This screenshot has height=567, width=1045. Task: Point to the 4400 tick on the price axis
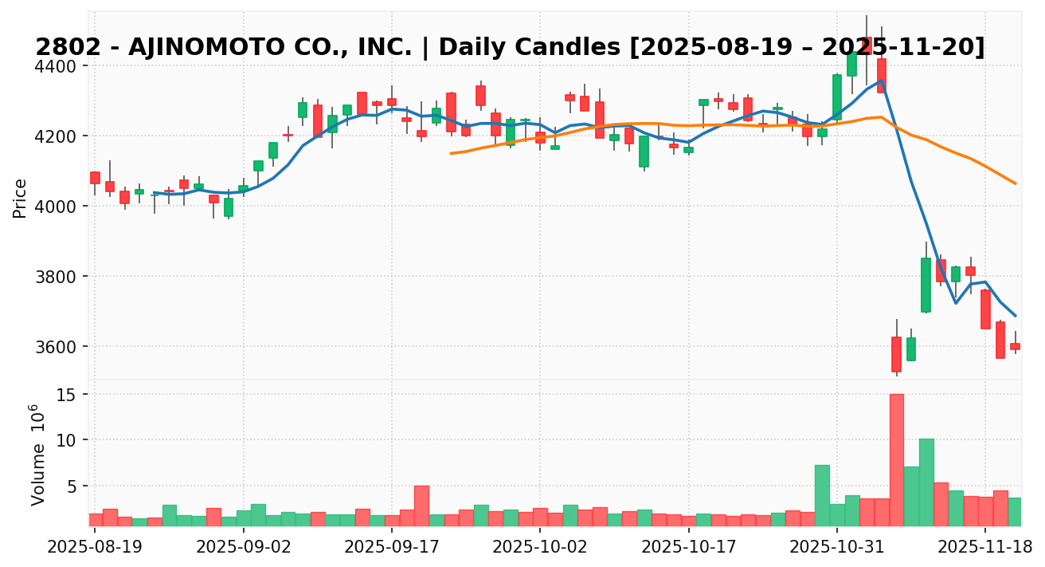tap(66, 66)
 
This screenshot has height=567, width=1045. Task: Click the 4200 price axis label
tap(66, 136)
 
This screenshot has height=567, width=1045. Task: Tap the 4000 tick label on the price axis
tap(66, 207)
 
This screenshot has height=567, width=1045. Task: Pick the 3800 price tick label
tap(66, 277)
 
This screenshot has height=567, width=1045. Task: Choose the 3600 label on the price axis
tap(66, 347)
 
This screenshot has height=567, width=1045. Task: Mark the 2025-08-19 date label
tap(95, 548)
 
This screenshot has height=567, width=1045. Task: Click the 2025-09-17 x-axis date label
tap(391, 548)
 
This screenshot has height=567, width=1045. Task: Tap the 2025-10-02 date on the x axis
tap(540, 548)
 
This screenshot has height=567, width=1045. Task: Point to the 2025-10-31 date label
tap(837, 548)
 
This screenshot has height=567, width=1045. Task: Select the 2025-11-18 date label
tap(985, 548)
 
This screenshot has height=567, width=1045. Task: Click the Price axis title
tap(20, 198)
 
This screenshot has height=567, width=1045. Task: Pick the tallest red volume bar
tap(896, 460)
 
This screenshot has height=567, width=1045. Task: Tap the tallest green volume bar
tap(926, 482)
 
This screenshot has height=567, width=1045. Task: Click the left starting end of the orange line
tap(451, 153)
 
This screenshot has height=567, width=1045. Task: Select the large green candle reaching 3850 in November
tap(926, 285)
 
